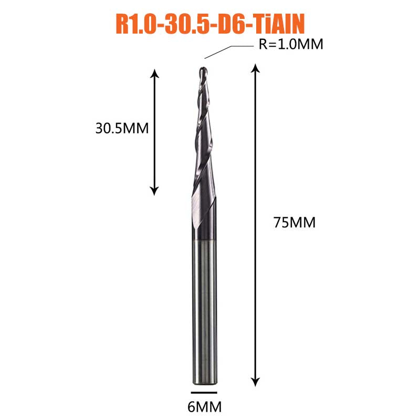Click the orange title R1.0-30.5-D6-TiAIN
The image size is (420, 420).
coord(211,24)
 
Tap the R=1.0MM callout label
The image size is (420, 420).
coord(291,44)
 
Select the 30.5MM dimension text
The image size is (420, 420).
coord(122,128)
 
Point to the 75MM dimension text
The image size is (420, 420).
coord(295,223)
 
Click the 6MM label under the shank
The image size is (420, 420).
coord(204,407)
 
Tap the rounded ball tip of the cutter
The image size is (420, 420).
coord(203,70)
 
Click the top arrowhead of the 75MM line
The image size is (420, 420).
coord(256,68)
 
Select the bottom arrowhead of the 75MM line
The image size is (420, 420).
coord(256,382)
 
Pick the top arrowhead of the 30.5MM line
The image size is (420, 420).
coord(154,73)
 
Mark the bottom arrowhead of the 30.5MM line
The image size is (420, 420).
coord(154,191)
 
